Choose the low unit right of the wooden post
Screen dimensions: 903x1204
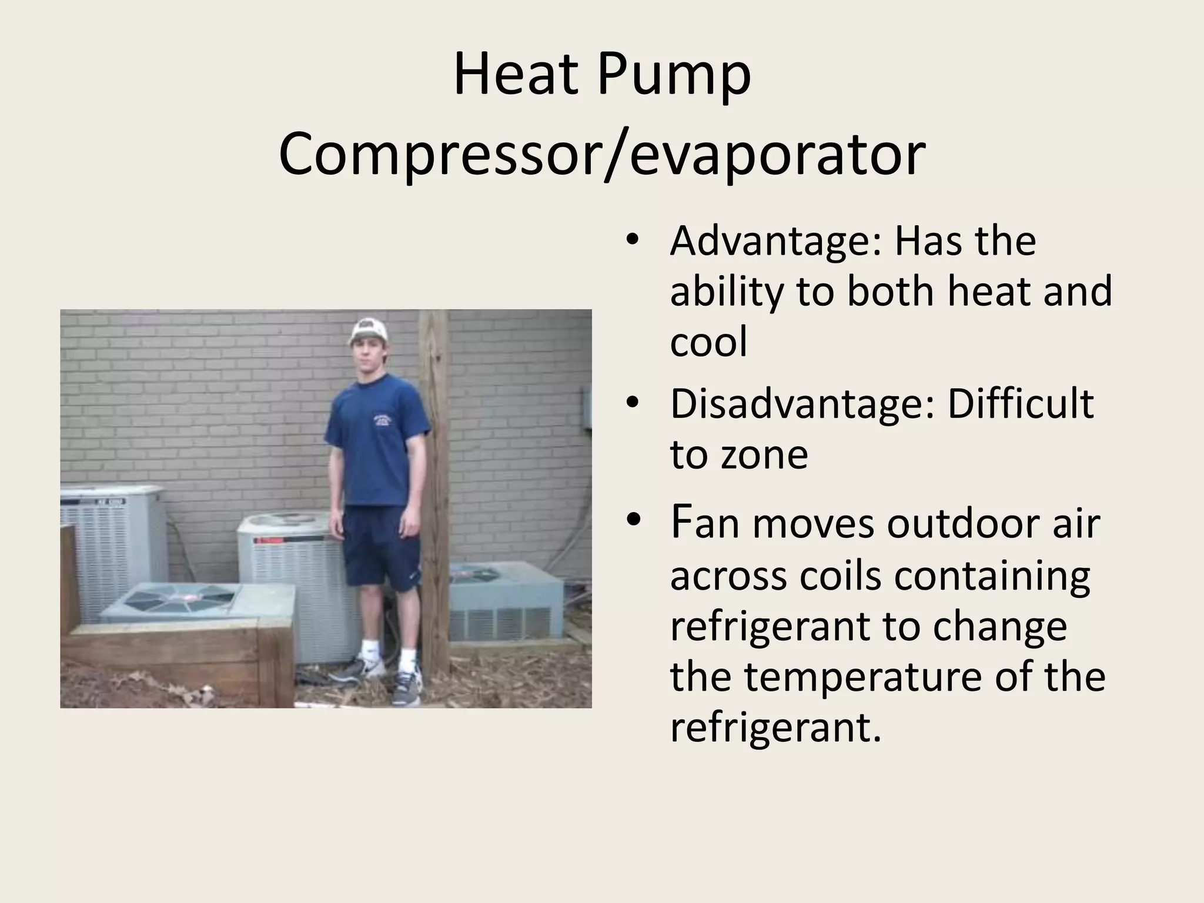coord(506,600)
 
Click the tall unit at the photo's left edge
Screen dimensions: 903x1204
coord(112,547)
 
